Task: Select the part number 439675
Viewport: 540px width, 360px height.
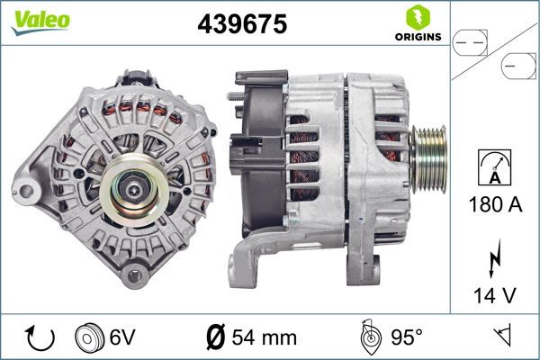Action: coord(242,25)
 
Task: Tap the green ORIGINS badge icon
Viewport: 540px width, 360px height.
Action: coord(417,16)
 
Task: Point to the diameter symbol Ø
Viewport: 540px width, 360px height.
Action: coord(217,337)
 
